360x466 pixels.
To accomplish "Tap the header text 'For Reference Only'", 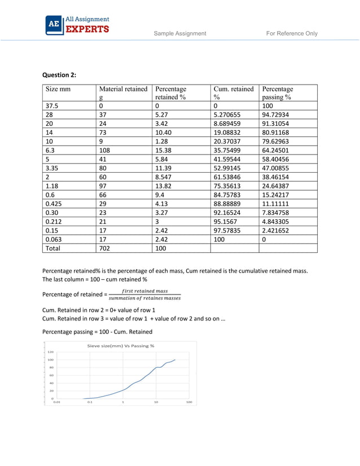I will pyautogui.click(x=292, y=33).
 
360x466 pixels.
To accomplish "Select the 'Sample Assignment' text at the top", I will pyautogui.click(x=180, y=33).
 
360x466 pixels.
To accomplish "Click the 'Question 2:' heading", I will pyautogui.click(x=60, y=74).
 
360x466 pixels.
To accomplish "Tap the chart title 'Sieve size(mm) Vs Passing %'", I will pyautogui.click(x=120, y=345).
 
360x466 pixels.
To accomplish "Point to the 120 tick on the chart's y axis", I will pyautogui.click(x=51, y=352).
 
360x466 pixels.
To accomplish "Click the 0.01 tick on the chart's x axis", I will pyautogui.click(x=56, y=402).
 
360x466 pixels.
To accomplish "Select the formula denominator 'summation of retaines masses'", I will pyautogui.click(x=145, y=298).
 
